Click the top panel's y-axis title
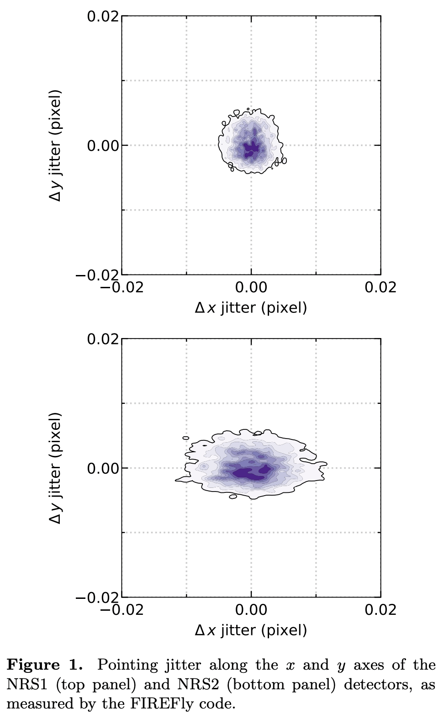55,145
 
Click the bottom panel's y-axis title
55,468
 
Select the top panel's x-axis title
251,308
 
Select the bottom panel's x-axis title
251,631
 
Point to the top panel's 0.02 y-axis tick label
103,16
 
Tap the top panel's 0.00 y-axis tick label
103,146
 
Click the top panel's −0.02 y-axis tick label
97,275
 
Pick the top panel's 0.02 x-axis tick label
381,288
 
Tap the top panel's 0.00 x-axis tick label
251,288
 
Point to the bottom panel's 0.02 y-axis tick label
103,339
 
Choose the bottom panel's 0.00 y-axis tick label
103,469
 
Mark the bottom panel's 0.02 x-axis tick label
381,610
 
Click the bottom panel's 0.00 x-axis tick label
251,610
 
